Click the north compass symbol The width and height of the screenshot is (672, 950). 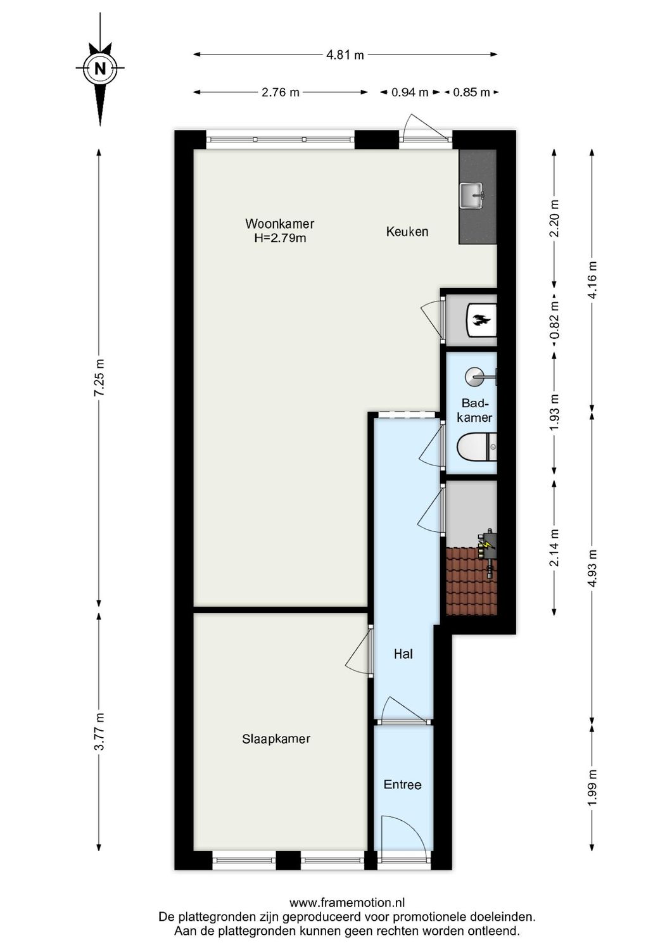[99, 68]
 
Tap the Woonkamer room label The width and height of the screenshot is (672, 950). [279, 224]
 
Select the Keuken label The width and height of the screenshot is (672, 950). [407, 232]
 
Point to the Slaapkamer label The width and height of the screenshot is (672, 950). [276, 738]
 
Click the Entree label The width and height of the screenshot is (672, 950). [402, 785]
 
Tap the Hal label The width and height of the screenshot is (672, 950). [403, 654]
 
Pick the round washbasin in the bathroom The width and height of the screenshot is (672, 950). [476, 377]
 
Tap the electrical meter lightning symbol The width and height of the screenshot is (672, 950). [487, 543]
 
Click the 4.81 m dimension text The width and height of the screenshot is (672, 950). [345, 55]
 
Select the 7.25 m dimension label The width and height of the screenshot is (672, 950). [99, 378]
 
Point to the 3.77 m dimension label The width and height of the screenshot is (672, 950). [99, 731]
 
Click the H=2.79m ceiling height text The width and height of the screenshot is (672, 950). [280, 238]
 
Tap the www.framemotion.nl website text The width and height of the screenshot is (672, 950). [347, 902]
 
